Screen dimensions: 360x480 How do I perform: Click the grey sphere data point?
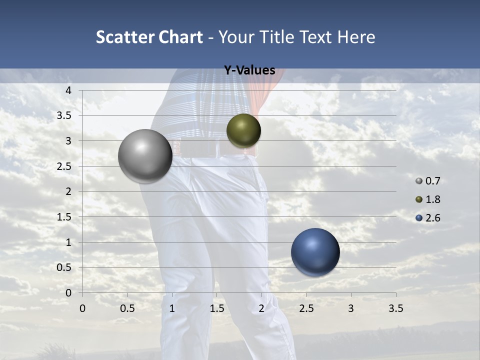click(x=145, y=156)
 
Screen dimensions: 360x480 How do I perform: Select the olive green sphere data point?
click(x=243, y=130)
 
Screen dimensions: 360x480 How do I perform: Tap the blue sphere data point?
click(x=315, y=252)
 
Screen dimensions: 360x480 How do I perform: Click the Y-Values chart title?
click(x=249, y=70)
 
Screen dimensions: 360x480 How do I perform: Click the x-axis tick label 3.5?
click(x=395, y=308)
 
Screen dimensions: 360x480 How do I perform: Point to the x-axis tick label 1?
click(x=172, y=308)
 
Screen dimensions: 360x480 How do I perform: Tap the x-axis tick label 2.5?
click(x=306, y=308)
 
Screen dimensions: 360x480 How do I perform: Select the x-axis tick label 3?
click(x=351, y=308)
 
